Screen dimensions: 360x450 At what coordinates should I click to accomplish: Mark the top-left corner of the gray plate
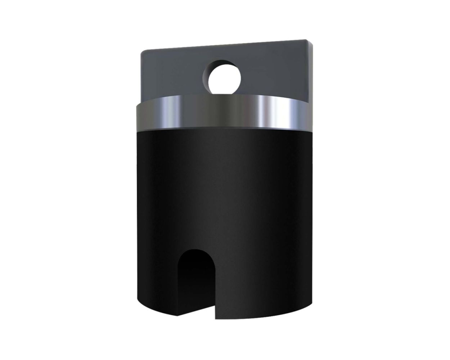141,51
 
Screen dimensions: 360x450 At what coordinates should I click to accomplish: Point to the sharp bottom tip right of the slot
216,319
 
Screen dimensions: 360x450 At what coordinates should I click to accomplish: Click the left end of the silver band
138,114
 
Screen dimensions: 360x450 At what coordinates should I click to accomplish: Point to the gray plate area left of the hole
169,76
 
